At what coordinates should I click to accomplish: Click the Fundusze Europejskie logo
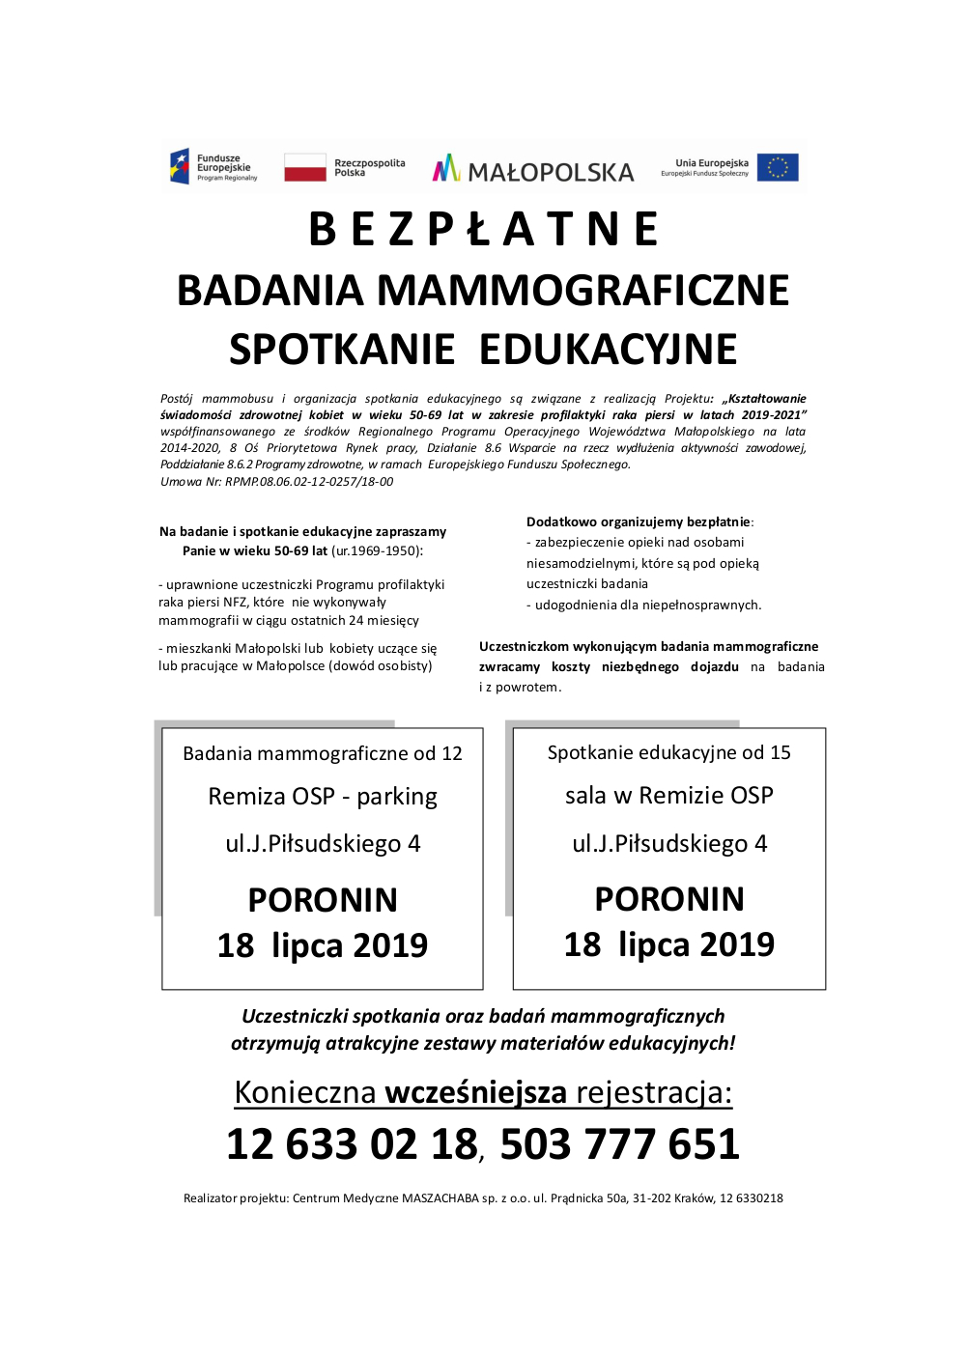coord(213,167)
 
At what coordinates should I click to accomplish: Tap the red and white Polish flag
coord(305,167)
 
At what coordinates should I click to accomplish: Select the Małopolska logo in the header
coord(533,170)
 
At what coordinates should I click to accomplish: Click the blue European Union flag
coord(778,167)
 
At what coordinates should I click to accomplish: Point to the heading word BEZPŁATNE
coord(483,230)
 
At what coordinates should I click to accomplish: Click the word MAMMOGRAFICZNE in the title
coord(582,291)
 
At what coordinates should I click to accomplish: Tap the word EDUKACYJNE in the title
coord(608,350)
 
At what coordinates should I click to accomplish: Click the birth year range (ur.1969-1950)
coord(377,551)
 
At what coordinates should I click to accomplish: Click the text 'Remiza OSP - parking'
coord(323,797)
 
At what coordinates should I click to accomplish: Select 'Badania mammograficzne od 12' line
coord(323,753)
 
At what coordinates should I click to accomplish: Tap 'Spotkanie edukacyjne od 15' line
coord(668,752)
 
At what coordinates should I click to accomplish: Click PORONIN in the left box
coord(323,900)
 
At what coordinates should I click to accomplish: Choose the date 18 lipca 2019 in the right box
coord(668,944)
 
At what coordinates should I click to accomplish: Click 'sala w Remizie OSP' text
coord(668,796)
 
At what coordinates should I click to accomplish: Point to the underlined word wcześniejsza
coord(475,1092)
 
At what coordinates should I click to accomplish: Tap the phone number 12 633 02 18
coord(352,1144)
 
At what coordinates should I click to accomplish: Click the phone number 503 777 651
coord(619,1144)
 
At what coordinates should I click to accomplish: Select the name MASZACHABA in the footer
coord(440,1198)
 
